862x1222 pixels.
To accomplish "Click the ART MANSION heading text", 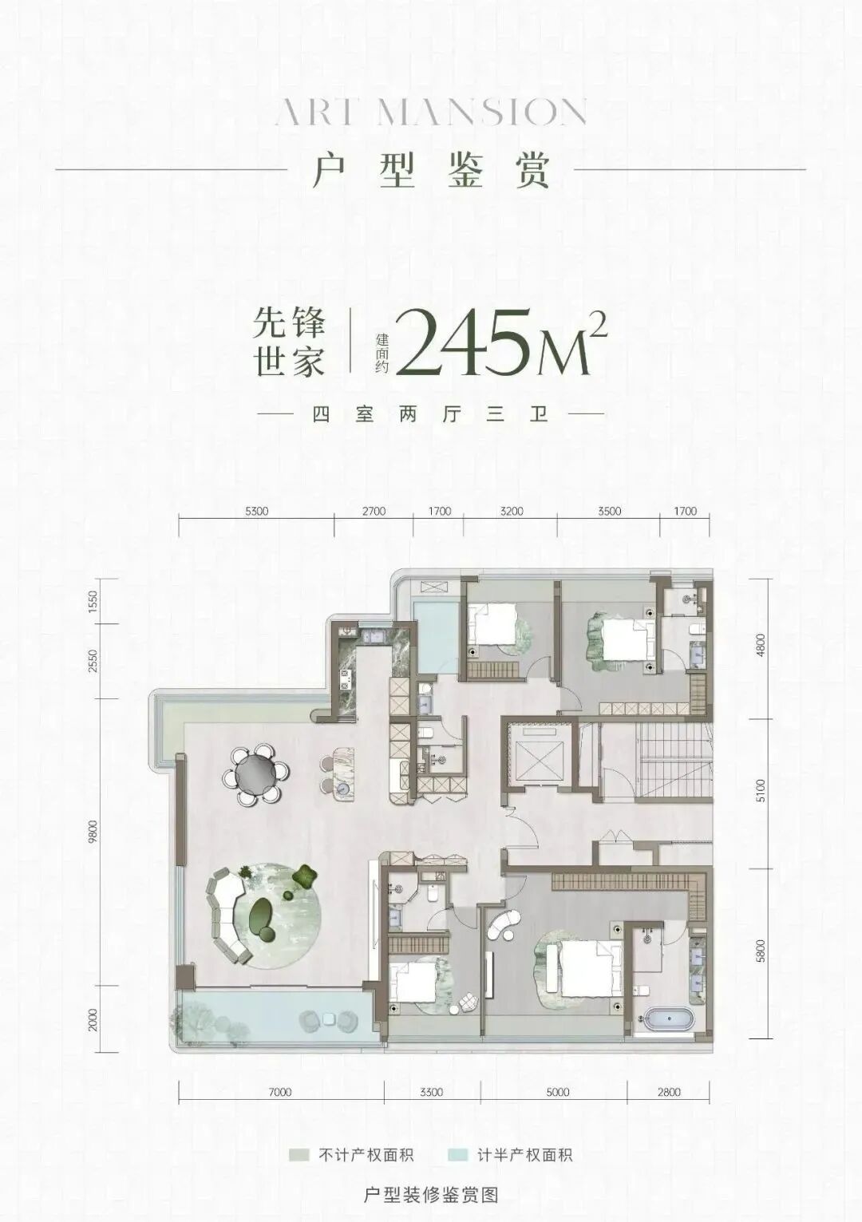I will click(x=431, y=113).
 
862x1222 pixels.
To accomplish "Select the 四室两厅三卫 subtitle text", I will click(x=431, y=415).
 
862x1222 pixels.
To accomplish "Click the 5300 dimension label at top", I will click(x=256, y=512).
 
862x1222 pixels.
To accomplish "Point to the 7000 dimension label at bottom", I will click(x=280, y=1092).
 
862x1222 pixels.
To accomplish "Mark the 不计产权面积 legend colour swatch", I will click(x=299, y=1154).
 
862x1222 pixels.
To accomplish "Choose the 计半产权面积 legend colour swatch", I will click(x=457, y=1154).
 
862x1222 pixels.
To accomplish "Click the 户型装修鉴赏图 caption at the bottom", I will click(x=431, y=1195).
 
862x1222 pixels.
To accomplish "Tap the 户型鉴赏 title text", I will click(x=431, y=169).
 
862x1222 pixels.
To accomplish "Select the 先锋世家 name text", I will click(x=289, y=344).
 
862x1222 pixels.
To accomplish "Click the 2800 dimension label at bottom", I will click(x=669, y=1092).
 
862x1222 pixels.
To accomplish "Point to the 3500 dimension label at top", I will click(x=608, y=512).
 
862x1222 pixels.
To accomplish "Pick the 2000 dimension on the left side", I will click(x=93, y=1019).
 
